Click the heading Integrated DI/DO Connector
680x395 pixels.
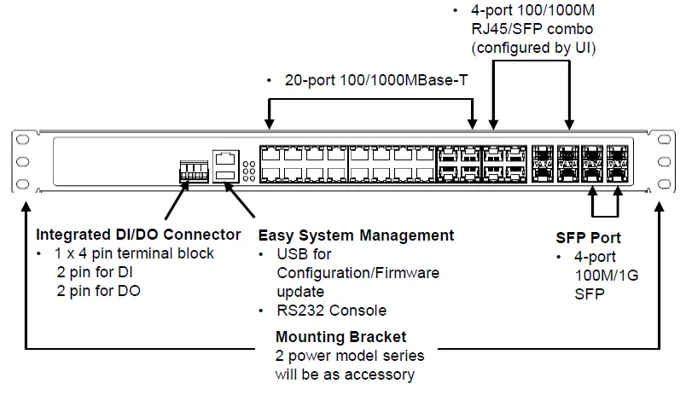pos(138,235)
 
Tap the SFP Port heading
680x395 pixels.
pos(589,238)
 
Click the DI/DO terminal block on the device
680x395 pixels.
pos(193,170)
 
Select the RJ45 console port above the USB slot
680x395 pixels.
pos(224,157)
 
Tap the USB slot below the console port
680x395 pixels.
pos(224,175)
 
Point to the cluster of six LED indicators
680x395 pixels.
pos(247,171)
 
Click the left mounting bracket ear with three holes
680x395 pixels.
pos(23,162)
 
